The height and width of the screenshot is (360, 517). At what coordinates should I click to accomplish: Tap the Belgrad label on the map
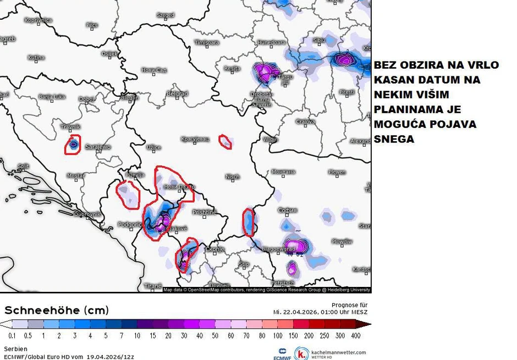click(177, 94)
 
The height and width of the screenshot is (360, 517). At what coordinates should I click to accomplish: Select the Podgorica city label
click(130, 224)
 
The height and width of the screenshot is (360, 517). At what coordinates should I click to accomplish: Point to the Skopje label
click(215, 250)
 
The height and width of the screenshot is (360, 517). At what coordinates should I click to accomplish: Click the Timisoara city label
click(206, 42)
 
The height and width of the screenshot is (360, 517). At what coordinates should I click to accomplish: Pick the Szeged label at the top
click(165, 15)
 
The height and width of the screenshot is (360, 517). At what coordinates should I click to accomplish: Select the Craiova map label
click(305, 121)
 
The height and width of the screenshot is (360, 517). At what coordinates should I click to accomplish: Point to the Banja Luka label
click(52, 97)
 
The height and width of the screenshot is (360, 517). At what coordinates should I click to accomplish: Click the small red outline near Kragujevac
click(226, 142)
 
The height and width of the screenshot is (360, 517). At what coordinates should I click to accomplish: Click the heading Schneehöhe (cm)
click(56, 310)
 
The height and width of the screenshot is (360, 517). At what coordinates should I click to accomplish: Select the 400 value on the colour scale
click(356, 335)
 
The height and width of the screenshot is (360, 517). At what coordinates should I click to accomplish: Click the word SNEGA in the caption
click(394, 140)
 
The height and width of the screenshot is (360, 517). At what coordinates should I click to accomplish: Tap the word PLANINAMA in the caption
click(404, 109)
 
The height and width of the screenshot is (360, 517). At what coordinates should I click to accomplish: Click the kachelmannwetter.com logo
click(330, 353)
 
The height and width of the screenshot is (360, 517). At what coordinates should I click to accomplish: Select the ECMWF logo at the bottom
click(282, 354)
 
